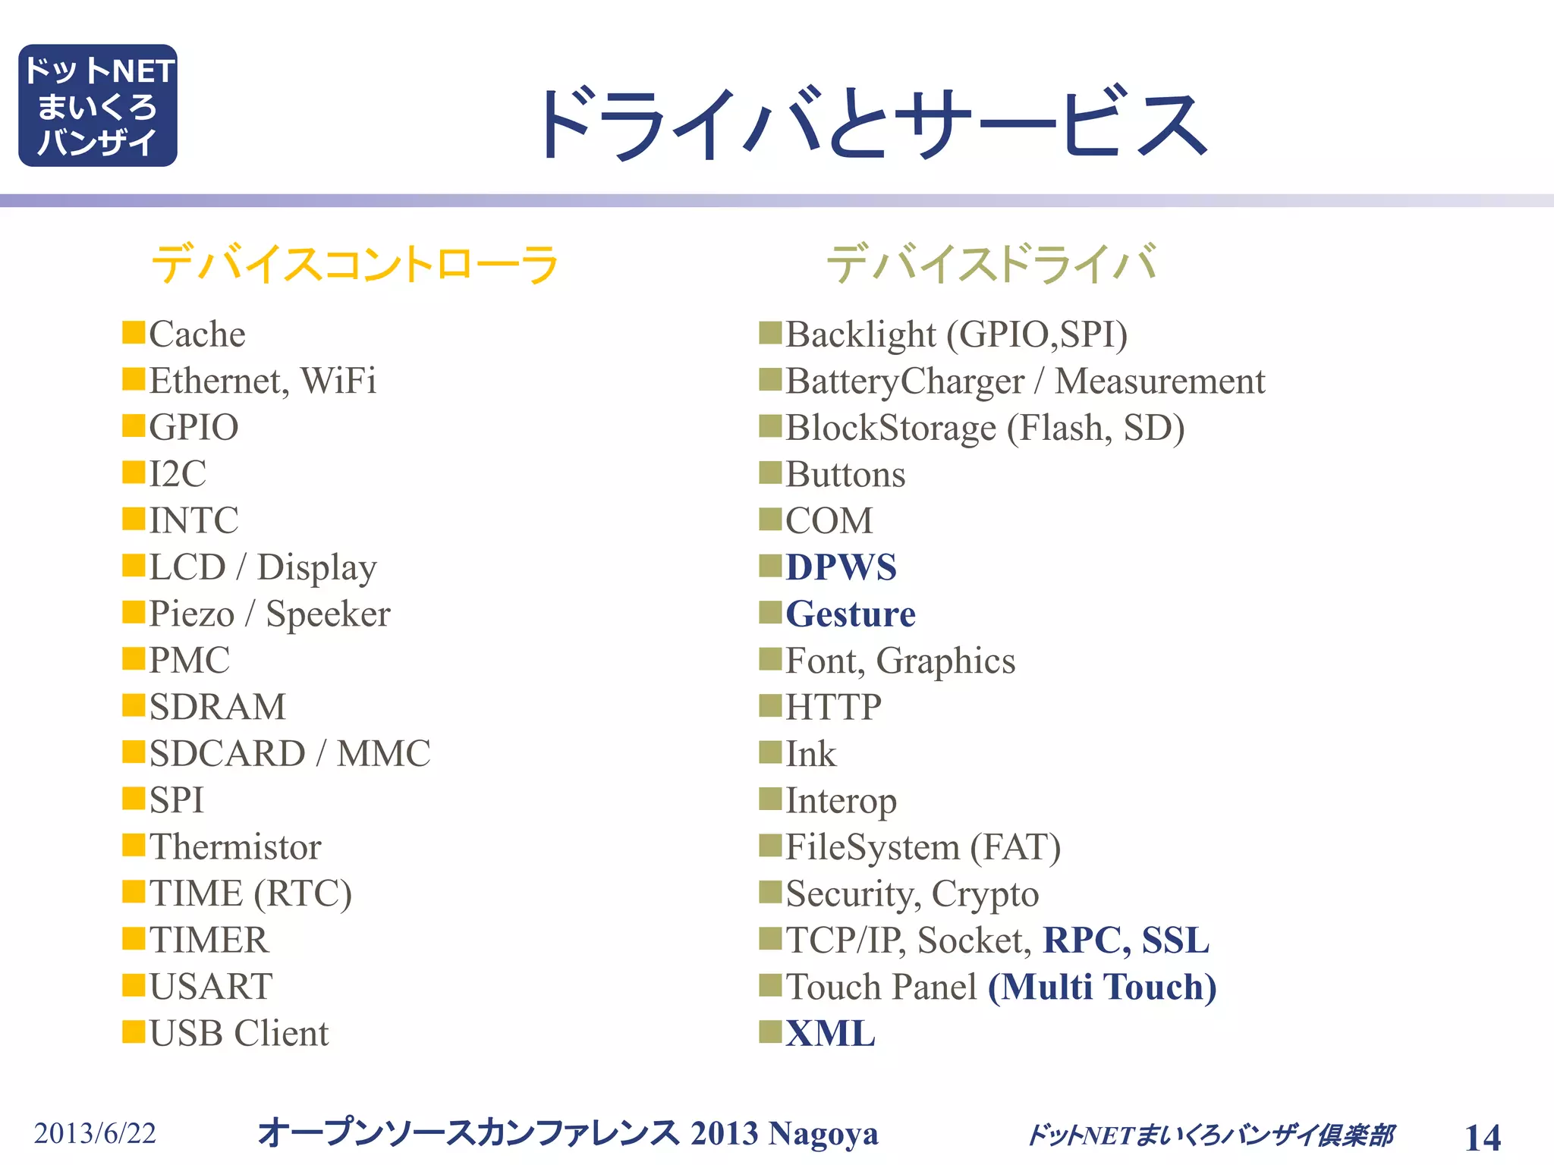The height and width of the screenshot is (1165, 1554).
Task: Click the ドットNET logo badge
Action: [x=97, y=105]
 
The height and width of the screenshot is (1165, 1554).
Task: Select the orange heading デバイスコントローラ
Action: [x=355, y=264]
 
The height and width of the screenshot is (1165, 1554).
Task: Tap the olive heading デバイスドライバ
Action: [x=991, y=264]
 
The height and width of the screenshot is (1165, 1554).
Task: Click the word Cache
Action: [x=197, y=334]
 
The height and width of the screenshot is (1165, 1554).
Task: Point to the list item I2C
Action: [x=178, y=474]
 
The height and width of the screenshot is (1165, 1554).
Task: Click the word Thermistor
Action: [x=235, y=846]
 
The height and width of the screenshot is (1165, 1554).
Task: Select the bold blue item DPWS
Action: [x=841, y=567]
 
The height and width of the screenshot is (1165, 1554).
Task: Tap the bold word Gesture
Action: [x=851, y=614]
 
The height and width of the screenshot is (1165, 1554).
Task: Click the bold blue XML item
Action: [x=830, y=1033]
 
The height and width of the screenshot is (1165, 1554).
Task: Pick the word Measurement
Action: [x=1160, y=381]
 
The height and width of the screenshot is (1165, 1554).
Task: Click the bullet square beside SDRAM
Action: [x=134, y=705]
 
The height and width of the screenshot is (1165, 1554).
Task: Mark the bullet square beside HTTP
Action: [x=770, y=705]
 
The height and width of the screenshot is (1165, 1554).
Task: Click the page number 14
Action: [x=1482, y=1137]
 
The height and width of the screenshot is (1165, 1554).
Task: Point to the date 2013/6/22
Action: [x=95, y=1133]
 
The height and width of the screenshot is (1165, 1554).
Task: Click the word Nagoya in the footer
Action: [x=823, y=1133]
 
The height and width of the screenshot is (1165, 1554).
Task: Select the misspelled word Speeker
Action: [x=328, y=614]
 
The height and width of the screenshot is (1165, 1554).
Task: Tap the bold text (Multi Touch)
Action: [x=1102, y=987]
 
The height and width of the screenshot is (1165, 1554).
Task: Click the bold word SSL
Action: [x=1175, y=940]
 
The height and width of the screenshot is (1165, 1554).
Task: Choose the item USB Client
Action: [x=239, y=1033]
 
